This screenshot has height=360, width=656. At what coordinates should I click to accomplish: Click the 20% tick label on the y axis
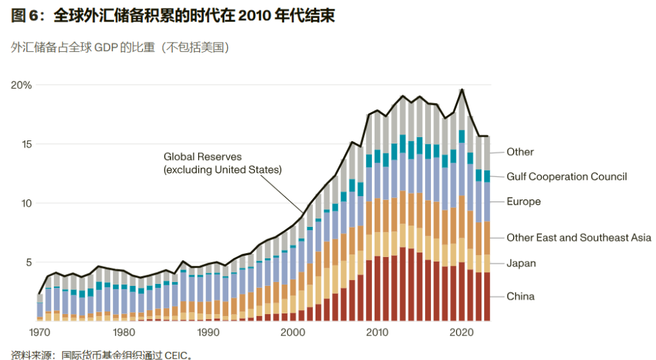[21, 85]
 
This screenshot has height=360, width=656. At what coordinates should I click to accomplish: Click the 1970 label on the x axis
[40, 332]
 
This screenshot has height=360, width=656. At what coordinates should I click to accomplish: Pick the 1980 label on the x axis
[124, 332]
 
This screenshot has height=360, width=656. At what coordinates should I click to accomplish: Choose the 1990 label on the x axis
[209, 332]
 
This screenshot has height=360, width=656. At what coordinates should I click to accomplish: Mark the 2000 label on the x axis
[293, 332]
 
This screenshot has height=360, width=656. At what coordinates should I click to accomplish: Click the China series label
[520, 296]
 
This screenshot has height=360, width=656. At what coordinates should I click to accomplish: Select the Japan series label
[521, 264]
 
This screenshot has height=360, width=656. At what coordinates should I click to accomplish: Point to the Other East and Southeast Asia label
[579, 237]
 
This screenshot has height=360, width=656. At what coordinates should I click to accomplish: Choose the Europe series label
[523, 201]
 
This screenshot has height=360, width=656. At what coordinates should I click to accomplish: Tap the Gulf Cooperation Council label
[567, 176]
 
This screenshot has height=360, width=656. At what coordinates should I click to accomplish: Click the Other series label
[520, 152]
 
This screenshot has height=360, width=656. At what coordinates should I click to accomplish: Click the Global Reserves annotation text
[222, 163]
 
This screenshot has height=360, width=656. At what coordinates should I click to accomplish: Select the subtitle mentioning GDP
[120, 48]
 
